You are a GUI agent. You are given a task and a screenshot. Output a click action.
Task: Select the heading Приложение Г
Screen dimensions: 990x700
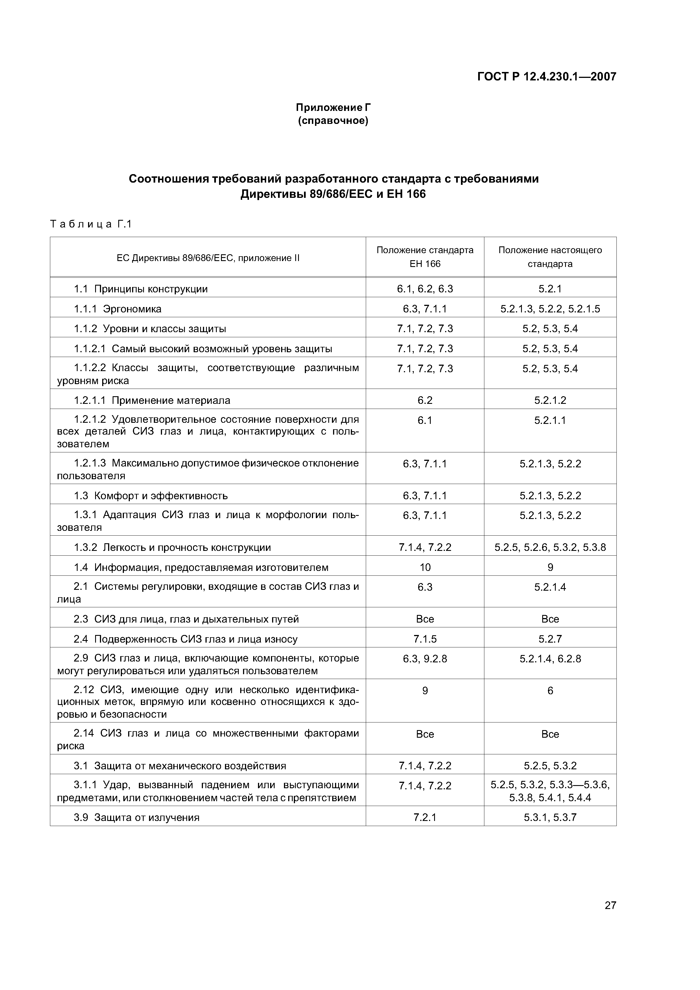pos(333,107)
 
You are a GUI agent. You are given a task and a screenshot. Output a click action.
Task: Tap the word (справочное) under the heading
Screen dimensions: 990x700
pos(333,121)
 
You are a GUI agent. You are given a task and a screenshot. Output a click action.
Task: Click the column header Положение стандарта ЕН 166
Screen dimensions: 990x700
pos(425,257)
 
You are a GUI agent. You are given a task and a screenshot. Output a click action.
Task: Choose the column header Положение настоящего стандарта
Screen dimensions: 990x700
pos(550,257)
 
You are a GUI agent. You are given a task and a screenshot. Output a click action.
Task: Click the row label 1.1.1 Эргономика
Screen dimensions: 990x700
pos(117,309)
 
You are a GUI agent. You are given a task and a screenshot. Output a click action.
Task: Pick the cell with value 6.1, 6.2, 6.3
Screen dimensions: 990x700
pos(425,289)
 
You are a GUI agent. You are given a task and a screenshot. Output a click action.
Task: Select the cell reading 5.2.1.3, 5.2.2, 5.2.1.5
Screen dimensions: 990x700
pos(550,309)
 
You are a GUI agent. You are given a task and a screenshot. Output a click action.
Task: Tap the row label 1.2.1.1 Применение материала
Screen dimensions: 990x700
pos(152,400)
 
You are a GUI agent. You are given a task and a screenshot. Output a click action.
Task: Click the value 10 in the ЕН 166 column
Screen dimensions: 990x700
pos(425,567)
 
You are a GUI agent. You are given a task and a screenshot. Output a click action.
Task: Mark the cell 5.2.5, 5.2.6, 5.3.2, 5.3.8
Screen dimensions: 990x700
pos(550,547)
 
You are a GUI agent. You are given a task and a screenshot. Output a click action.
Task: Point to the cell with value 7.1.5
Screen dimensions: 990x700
pos(425,639)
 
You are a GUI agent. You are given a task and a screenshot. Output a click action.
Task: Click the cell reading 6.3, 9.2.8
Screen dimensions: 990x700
pos(425,658)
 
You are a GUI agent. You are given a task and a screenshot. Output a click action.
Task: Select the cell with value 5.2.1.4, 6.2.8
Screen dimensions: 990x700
pos(550,658)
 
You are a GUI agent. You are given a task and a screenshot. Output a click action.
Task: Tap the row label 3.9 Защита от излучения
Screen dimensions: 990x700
pos(136,817)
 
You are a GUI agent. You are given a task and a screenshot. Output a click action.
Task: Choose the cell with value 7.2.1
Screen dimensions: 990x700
pos(425,817)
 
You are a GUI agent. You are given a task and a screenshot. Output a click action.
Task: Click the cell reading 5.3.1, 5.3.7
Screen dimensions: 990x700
pos(550,817)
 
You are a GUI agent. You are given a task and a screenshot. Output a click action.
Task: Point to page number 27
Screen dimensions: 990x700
pos(610,906)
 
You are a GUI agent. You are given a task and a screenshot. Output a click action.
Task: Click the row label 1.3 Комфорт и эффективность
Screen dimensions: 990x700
pos(150,496)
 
